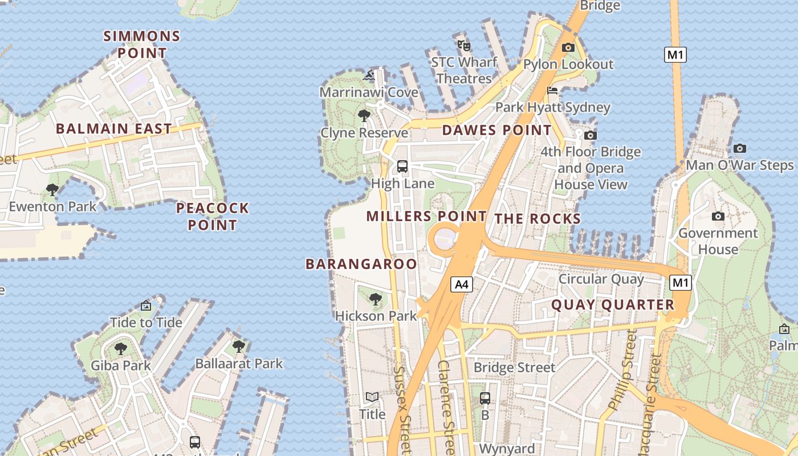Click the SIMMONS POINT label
(141, 44)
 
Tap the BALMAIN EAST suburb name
(114, 128)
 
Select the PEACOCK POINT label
(213, 216)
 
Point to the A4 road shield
(462, 284)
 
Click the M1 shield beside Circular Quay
(681, 283)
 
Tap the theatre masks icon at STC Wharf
(463, 45)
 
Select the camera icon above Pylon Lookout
(568, 48)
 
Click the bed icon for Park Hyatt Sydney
(552, 91)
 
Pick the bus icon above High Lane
(402, 166)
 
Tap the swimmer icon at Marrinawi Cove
(369, 75)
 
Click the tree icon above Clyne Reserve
(364, 116)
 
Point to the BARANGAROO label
(361, 264)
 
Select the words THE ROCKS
(537, 219)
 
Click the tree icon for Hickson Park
(375, 299)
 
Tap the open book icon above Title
(372, 397)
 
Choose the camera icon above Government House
(718, 217)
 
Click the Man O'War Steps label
(739, 165)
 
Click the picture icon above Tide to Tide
(146, 306)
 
